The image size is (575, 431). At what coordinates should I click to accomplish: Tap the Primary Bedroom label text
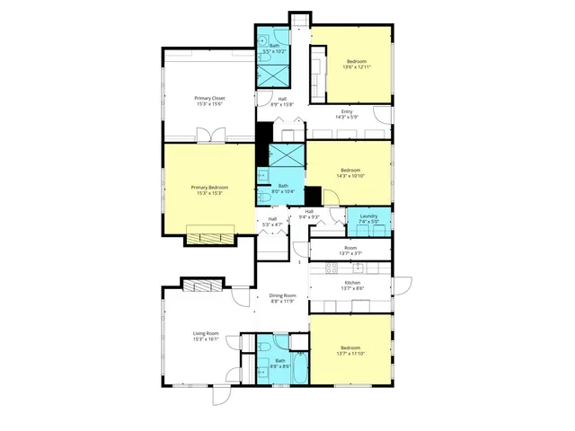pos(209,188)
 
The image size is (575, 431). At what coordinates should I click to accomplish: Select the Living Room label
pos(206,334)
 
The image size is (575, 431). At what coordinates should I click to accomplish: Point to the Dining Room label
pos(282,295)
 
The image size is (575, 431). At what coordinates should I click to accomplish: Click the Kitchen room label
pos(352,283)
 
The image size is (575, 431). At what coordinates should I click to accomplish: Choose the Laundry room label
pos(367,215)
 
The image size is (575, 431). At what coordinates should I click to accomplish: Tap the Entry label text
pos(347,111)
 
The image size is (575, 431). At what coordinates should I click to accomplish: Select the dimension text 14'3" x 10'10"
pos(350,176)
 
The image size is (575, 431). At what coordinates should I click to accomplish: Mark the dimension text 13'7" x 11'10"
pos(351,354)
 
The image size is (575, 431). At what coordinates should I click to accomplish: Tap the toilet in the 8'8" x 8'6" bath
pos(266,347)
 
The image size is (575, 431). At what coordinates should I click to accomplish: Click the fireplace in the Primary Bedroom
pos(210,238)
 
